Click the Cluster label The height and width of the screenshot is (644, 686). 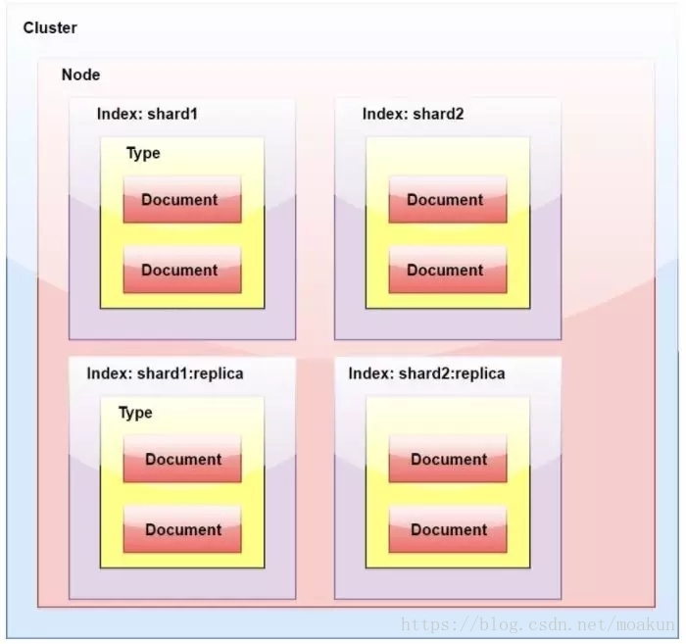pos(50,27)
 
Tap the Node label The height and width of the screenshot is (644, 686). pos(80,74)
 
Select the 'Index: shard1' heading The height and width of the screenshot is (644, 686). pos(147,114)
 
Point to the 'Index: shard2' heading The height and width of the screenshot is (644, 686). pos(413,114)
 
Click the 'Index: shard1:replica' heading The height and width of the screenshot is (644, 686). pos(165,373)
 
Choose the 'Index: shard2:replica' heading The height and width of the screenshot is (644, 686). pos(426,373)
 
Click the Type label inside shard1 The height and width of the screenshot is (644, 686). pos(143,153)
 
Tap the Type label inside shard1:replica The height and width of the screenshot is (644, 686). pos(135,413)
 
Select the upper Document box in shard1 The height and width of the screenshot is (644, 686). pos(181,200)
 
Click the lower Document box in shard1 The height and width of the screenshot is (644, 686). pos(181,271)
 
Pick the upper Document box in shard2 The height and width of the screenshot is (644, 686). pos(447,200)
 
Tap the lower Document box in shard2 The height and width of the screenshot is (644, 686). pos(447,271)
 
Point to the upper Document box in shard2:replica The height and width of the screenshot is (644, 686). pos(447,460)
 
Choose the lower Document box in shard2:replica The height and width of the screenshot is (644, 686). pos(447,530)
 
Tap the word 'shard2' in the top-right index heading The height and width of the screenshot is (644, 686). pos(438,114)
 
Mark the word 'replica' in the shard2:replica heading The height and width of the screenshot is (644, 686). pos(479,373)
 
